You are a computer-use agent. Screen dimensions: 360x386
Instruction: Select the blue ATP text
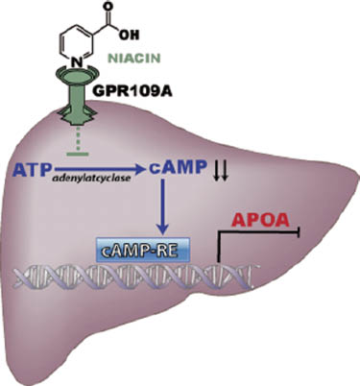pyautogui.click(x=35, y=170)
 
